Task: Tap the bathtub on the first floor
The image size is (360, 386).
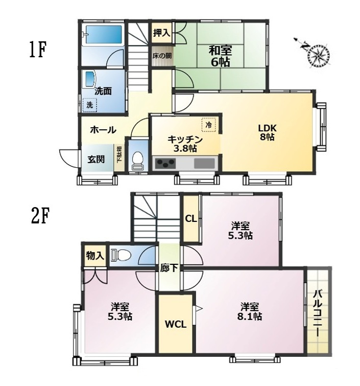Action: tap(104, 34)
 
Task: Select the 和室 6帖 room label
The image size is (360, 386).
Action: tap(220, 56)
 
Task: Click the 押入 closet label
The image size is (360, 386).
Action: tap(161, 33)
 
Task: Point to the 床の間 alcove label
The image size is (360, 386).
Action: tap(162, 56)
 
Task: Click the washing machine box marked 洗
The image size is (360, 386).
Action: tap(89, 105)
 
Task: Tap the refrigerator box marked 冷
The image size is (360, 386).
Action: tap(208, 125)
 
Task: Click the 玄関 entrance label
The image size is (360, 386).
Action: tap(96, 160)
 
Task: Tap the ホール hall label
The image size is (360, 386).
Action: tap(103, 130)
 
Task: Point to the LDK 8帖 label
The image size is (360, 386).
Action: tap(267, 132)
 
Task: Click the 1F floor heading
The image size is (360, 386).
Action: tap(38, 50)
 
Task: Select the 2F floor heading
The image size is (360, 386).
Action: tap(40, 216)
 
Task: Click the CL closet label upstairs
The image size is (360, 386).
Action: tap(191, 219)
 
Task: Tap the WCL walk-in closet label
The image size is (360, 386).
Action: tap(176, 324)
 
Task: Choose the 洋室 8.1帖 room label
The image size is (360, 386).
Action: tap(249, 311)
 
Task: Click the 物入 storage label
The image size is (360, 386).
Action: tap(95, 256)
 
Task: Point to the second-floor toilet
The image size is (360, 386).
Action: tap(121, 255)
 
